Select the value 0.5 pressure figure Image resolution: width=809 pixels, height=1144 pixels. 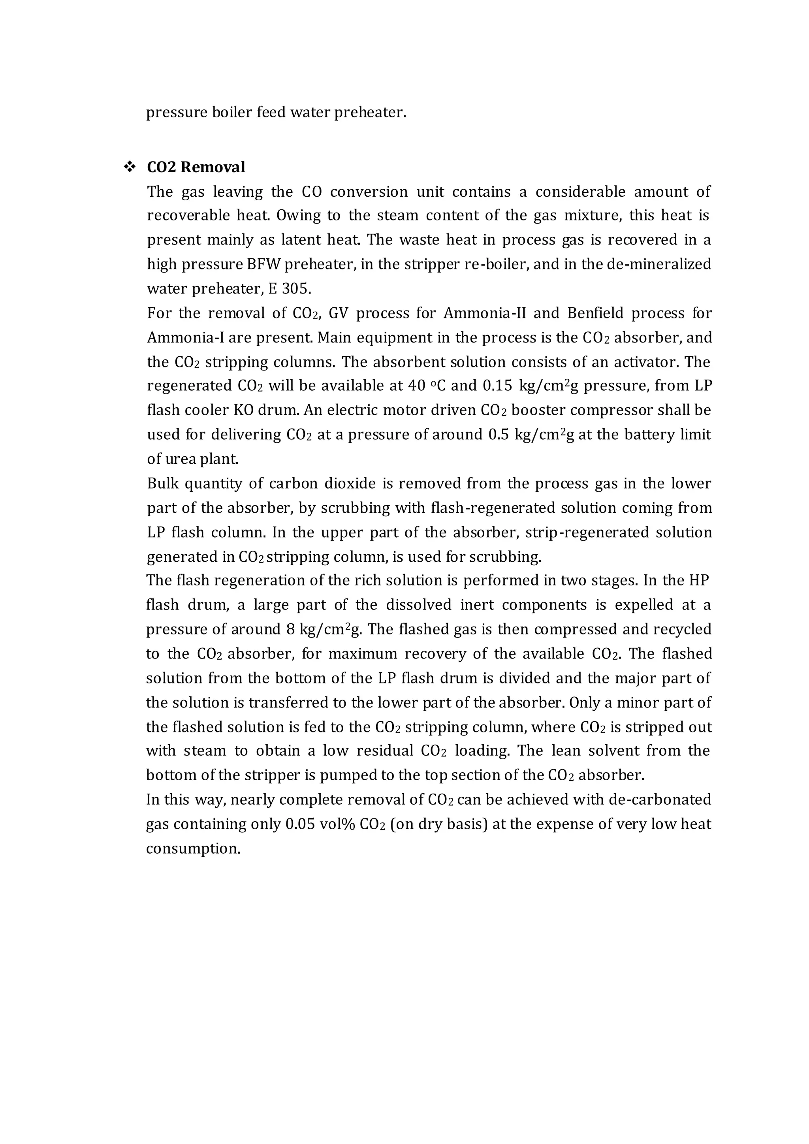499,435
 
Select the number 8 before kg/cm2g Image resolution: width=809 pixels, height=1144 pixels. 290,629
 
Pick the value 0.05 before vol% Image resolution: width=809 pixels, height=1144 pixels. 300,824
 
